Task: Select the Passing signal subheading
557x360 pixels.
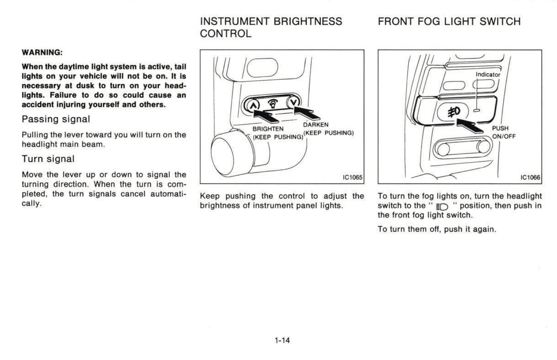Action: coord(56,119)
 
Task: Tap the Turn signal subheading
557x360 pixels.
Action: coord(48,159)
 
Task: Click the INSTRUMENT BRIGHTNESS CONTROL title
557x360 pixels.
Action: coord(271,27)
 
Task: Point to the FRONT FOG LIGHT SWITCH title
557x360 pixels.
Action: coord(449,22)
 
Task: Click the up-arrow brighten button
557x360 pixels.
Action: coord(252,104)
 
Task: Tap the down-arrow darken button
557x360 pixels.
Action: coord(294,103)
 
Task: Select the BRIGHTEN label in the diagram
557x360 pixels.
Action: coord(268,129)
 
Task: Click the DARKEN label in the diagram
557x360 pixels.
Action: coord(316,125)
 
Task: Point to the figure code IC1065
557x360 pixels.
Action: coord(352,177)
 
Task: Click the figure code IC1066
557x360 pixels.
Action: coord(530,177)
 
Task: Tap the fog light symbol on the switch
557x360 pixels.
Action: coord(453,112)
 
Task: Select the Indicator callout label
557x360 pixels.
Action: coord(488,75)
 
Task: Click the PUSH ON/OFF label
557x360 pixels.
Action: coord(503,132)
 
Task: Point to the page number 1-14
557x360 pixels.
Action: coord(282,340)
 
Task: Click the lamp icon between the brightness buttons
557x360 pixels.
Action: coord(273,103)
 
